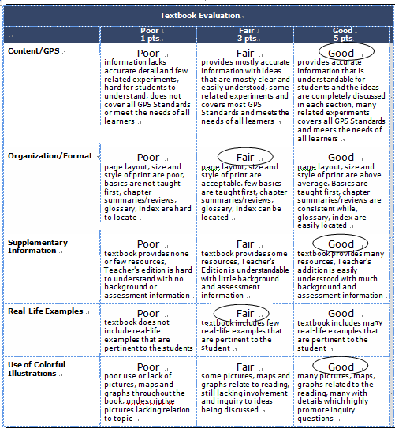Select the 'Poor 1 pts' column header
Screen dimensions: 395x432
[149, 34]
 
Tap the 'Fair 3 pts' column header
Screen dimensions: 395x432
[245, 34]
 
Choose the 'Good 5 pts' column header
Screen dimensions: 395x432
[342, 34]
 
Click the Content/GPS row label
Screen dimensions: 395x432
[34, 51]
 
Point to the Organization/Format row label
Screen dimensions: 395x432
[50, 156]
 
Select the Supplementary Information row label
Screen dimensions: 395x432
[38, 247]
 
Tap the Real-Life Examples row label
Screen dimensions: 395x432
[45, 311]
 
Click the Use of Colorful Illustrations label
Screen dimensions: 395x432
[37, 369]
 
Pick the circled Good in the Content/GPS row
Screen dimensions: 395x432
[341, 54]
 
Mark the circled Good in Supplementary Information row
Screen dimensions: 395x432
[341, 244]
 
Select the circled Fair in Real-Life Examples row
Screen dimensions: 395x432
[245, 313]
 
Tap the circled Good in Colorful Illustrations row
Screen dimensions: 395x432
[341, 367]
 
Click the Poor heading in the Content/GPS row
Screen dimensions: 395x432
[148, 54]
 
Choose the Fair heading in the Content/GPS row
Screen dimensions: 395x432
[245, 54]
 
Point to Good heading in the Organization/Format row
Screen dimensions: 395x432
[341, 158]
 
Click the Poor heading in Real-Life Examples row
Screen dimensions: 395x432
[148, 313]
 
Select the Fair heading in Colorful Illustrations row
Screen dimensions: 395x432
[245, 367]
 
